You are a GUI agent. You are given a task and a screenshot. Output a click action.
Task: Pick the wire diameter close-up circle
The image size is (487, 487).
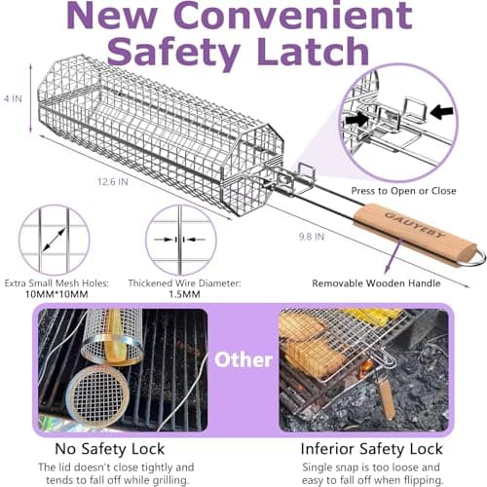tap(180, 240)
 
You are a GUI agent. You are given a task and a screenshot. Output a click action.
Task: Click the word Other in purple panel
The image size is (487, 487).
tap(243, 359)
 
